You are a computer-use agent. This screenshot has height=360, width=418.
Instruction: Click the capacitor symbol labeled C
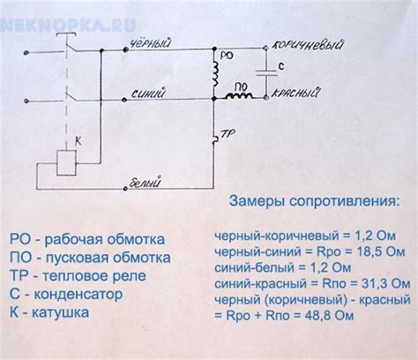click(x=266, y=73)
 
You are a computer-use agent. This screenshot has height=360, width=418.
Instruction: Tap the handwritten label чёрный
click(x=151, y=44)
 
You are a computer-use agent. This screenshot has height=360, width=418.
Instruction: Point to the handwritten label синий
click(x=148, y=94)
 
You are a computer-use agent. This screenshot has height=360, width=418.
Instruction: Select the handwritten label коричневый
click(x=308, y=45)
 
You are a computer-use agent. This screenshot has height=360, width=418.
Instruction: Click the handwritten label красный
click(x=295, y=93)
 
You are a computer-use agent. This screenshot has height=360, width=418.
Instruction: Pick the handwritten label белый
click(x=146, y=183)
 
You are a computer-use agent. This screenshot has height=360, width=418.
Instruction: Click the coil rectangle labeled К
click(x=67, y=163)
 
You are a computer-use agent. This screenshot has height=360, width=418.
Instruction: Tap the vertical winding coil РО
click(x=216, y=74)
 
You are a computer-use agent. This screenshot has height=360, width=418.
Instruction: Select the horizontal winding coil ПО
click(x=239, y=95)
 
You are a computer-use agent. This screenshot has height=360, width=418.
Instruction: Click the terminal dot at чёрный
click(x=125, y=50)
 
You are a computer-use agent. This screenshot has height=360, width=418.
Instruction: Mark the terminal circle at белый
click(x=125, y=189)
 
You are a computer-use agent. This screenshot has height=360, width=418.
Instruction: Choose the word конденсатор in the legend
click(x=78, y=294)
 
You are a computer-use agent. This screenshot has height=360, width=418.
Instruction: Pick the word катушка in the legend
click(x=60, y=312)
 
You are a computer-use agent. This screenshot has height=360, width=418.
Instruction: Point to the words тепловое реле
click(x=94, y=276)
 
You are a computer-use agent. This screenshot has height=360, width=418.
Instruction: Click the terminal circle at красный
click(x=266, y=97)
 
